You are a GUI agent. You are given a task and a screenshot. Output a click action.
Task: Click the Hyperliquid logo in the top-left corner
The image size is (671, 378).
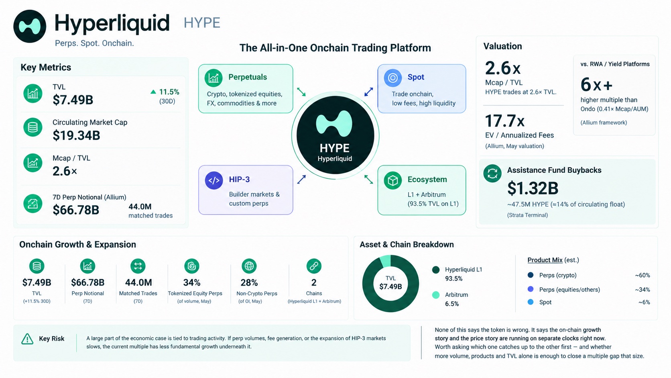pyautogui.click(x=30, y=26)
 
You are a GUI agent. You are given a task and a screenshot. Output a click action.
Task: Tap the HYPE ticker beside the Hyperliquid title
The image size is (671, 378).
pyautogui.click(x=202, y=23)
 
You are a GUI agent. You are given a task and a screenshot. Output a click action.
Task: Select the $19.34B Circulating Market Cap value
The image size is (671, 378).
pyautogui.click(x=76, y=135)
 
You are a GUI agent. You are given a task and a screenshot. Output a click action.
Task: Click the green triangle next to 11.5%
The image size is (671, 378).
pyautogui.click(x=153, y=92)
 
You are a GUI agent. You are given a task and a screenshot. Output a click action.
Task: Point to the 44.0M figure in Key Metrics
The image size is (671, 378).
pyautogui.click(x=140, y=206)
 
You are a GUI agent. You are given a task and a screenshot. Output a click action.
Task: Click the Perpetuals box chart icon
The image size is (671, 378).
pyautogui.click(x=213, y=78)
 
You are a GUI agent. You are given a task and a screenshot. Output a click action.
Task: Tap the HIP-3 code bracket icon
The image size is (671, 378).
pyautogui.click(x=214, y=180)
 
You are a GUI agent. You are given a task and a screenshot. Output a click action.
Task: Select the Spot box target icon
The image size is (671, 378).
pyautogui.click(x=393, y=78)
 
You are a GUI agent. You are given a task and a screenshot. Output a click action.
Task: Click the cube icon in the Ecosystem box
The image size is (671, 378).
pyautogui.click(x=393, y=180)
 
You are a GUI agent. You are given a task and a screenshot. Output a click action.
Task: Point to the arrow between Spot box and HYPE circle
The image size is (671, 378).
pyautogui.click(x=369, y=92)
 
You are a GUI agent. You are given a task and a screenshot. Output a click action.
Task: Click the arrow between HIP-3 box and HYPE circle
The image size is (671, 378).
pyautogui.click(x=301, y=179)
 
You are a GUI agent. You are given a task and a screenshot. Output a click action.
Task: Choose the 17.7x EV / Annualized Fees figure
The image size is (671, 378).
pyautogui.click(x=505, y=121)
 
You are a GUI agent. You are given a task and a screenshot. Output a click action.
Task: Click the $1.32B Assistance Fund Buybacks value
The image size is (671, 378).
pyautogui.click(x=533, y=188)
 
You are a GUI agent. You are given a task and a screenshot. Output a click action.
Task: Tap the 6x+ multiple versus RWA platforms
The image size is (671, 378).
pyautogui.click(x=596, y=84)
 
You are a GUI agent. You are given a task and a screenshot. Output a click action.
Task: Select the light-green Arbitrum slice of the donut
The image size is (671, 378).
pyautogui.click(x=386, y=261)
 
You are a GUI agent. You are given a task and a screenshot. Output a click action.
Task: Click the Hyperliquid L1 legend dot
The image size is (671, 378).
pyautogui.click(x=436, y=270)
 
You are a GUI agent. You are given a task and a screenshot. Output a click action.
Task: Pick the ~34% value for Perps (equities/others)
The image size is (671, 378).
pyautogui.click(x=642, y=290)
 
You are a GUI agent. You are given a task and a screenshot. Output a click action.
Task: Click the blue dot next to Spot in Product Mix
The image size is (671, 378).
pyautogui.click(x=531, y=302)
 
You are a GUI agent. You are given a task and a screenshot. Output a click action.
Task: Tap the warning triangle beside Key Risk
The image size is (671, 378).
pyautogui.click(x=27, y=339)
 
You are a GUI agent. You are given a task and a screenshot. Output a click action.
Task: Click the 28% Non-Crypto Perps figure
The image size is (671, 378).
pyautogui.click(x=249, y=282)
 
